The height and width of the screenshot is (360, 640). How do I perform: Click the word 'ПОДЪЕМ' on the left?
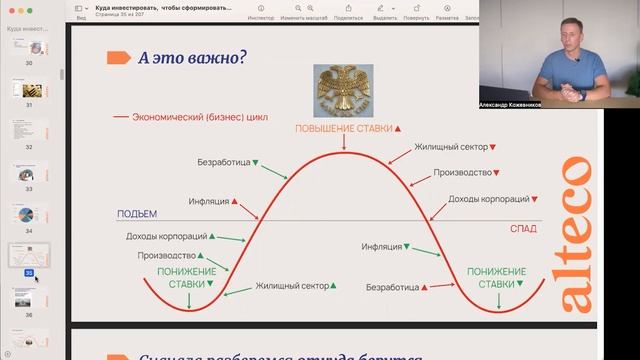137,214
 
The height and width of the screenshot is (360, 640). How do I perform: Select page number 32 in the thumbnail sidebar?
29,146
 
